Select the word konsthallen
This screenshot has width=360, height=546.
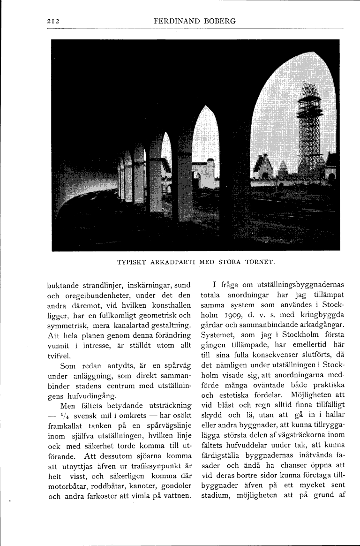[x=167, y=305]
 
